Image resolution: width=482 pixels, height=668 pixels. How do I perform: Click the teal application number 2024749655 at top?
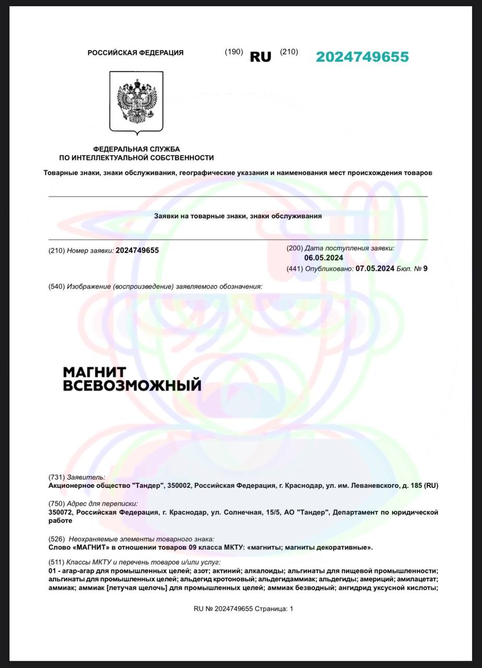click(362, 57)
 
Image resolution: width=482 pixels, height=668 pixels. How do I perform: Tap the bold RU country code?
click(261, 57)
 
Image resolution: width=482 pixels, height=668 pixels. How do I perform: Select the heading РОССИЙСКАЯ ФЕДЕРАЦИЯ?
click(135, 53)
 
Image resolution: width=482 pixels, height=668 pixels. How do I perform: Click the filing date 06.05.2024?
click(324, 258)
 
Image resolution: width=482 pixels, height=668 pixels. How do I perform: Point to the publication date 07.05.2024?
click(374, 269)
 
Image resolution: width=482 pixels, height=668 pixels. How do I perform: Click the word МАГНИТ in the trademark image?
click(95, 372)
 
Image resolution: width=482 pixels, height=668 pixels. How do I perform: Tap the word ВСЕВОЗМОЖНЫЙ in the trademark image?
click(132, 386)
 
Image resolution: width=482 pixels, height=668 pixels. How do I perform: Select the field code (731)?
click(56, 477)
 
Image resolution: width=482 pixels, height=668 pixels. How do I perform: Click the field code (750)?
click(56, 504)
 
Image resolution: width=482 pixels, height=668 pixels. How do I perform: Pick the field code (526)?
click(56, 539)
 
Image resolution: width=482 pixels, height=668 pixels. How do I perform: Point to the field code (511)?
click(56, 562)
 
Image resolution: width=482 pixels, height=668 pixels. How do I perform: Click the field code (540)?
click(56, 287)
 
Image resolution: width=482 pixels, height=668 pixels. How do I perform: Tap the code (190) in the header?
click(234, 52)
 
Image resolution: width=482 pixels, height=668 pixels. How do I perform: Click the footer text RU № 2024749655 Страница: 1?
click(243, 609)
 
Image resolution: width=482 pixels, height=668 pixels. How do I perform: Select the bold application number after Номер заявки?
click(137, 250)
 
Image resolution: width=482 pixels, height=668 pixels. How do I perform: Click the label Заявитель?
click(86, 477)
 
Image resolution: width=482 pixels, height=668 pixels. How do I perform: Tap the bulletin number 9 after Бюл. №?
click(425, 269)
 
